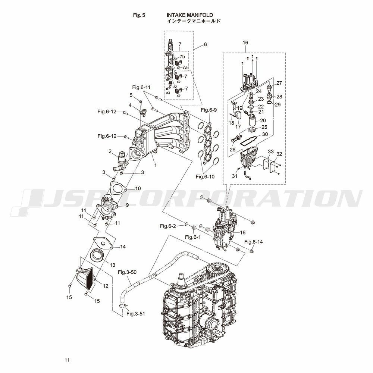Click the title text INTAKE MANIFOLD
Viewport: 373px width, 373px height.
[189, 15]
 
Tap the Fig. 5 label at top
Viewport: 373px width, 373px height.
[139, 15]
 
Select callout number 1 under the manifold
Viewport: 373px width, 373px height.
[156, 164]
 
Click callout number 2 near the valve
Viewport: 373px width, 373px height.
[110, 151]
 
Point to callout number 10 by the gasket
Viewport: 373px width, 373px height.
[138, 188]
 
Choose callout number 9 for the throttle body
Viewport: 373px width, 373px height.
[127, 205]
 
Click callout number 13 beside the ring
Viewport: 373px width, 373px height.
[112, 265]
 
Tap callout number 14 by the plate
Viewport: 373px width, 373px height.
[123, 247]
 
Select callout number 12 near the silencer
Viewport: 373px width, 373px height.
[106, 286]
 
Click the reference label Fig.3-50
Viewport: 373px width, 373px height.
[127, 272]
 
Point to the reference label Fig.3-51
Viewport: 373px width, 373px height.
[136, 314]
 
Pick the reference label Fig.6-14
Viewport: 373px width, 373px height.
[254, 242]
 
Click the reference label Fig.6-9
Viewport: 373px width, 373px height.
[209, 110]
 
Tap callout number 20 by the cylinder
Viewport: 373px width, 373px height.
[263, 120]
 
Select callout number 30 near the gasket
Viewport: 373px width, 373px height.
[265, 134]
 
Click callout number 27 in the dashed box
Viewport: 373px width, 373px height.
[279, 83]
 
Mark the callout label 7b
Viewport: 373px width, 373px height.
[182, 57]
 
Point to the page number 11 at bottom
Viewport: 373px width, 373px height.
[67, 360]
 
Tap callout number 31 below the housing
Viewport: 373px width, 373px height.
[235, 176]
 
